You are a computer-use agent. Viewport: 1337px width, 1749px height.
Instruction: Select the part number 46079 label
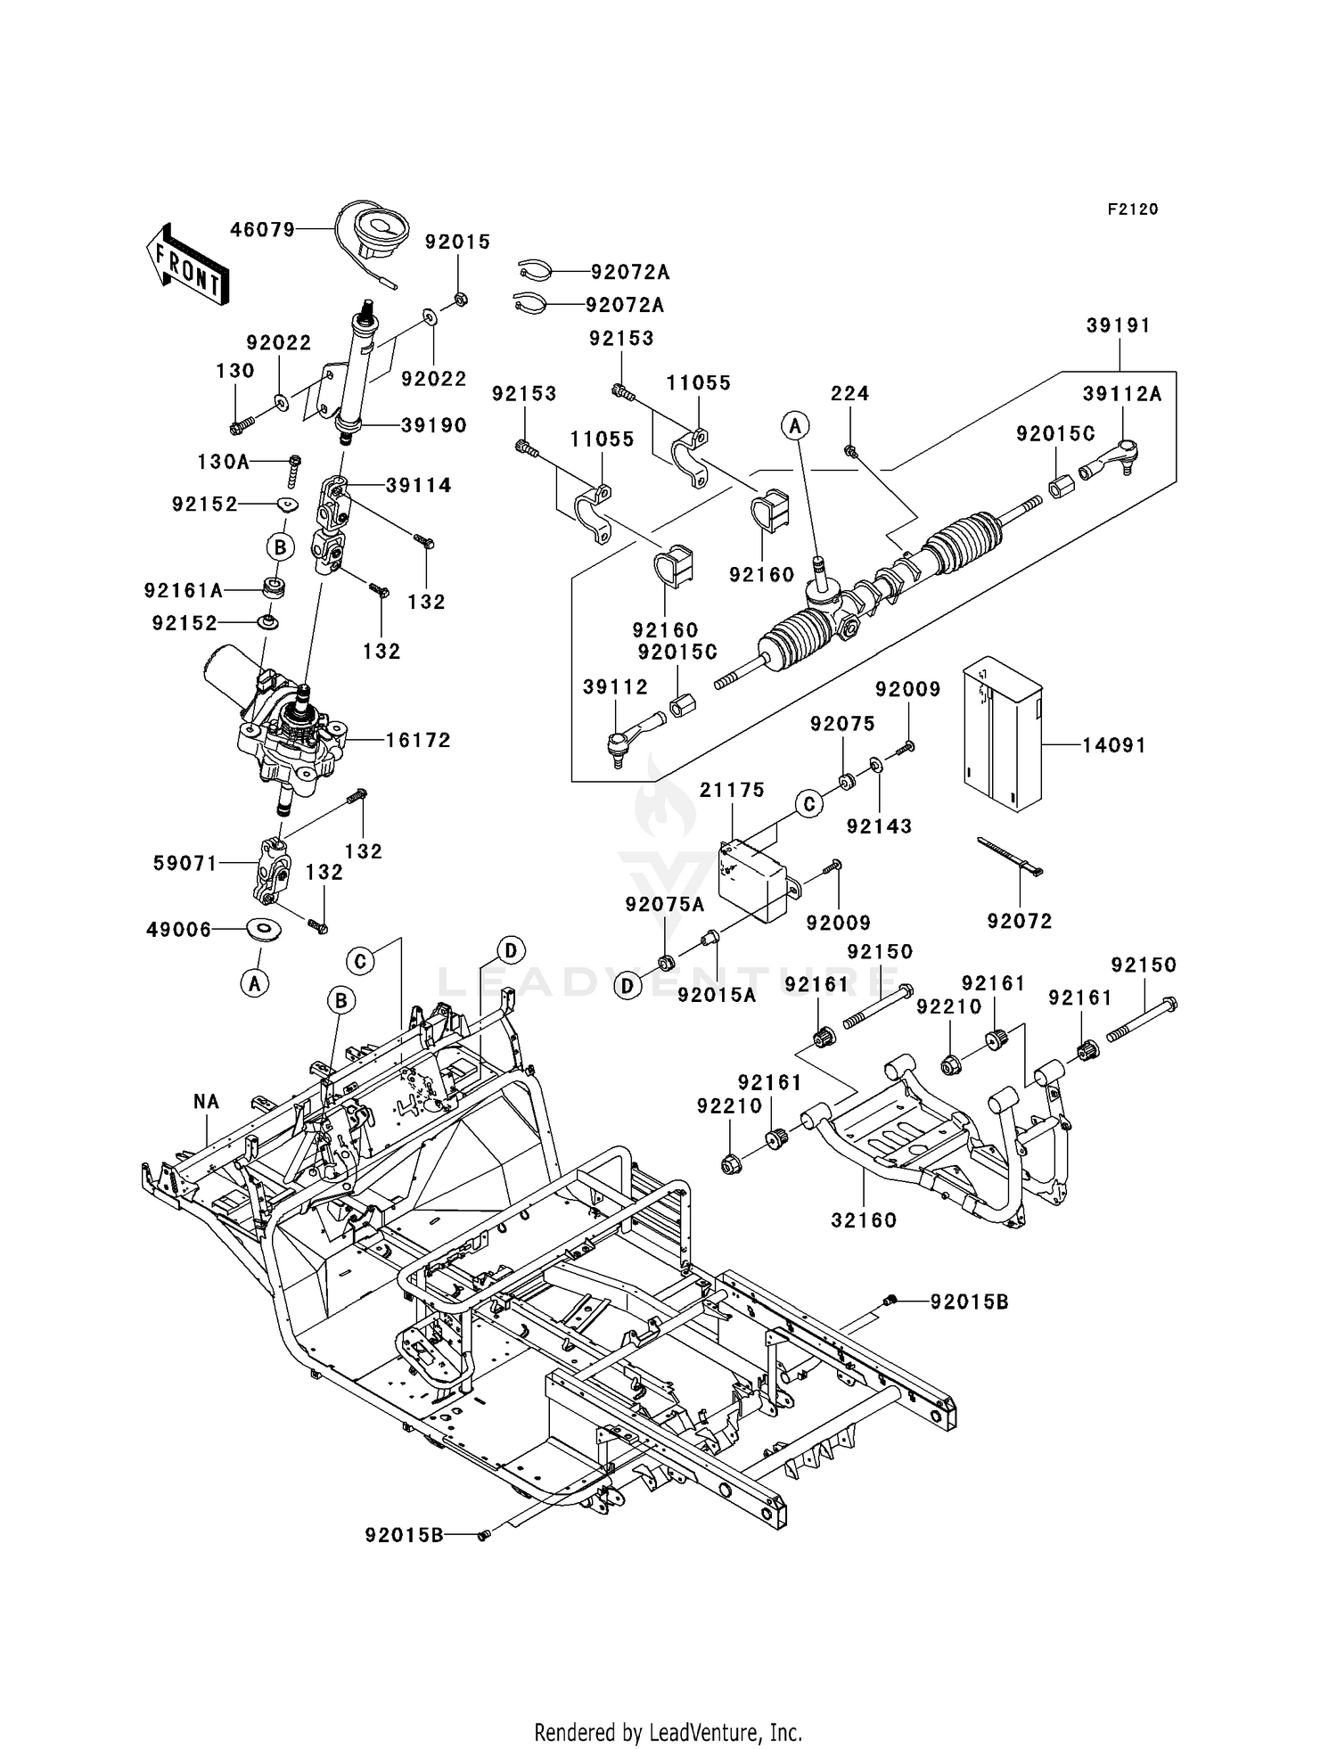point(262,230)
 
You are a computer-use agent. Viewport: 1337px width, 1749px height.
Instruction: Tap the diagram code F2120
point(1133,209)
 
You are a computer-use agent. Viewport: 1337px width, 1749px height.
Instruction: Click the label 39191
point(1119,326)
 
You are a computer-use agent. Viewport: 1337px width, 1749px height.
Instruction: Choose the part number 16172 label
point(418,740)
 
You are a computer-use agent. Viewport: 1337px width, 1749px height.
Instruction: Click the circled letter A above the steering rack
point(795,427)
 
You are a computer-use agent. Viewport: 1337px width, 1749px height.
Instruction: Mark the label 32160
point(864,1219)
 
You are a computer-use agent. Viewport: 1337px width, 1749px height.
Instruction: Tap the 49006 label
point(179,930)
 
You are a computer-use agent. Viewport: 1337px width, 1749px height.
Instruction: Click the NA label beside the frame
point(206,1102)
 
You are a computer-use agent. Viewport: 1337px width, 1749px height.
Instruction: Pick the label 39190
point(434,425)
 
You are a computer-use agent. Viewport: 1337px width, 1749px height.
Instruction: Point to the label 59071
point(185,863)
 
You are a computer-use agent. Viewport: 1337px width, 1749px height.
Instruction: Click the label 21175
point(732,790)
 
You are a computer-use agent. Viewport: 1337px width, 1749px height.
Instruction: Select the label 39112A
point(1122,394)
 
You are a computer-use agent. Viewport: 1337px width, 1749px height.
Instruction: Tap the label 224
point(850,393)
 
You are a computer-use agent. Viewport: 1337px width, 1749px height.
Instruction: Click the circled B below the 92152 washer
point(280,546)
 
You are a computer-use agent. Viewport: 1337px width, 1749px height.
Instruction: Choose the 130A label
point(224,462)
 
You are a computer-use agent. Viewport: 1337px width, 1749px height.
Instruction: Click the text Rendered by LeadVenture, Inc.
point(668,1732)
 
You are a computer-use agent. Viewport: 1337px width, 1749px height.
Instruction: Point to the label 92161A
point(184,590)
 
